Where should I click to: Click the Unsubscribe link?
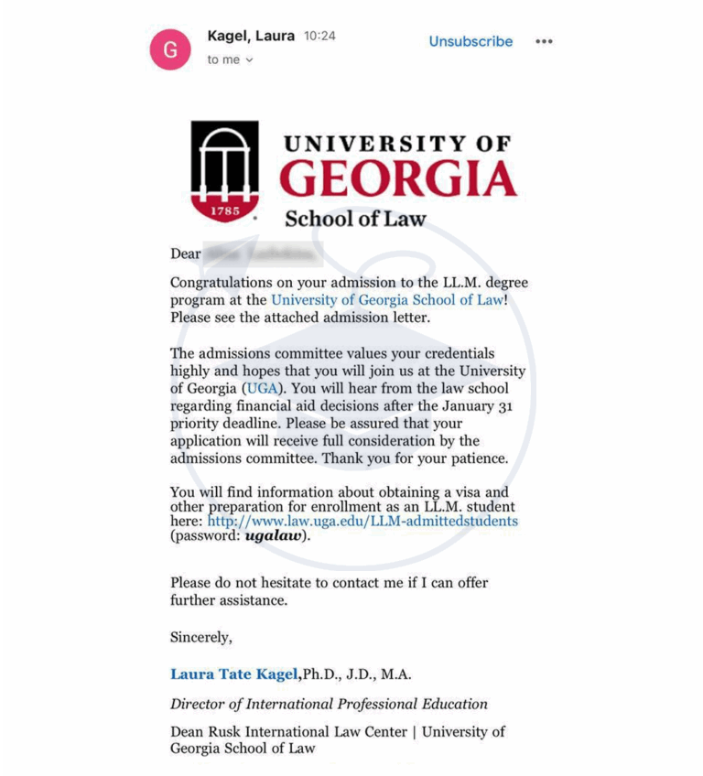pyautogui.click(x=470, y=41)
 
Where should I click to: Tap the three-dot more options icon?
pyautogui.click(x=544, y=41)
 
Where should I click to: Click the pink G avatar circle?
pyautogui.click(x=170, y=49)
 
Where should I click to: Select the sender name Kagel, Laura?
pyautogui.click(x=251, y=36)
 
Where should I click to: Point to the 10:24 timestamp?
pyautogui.click(x=319, y=36)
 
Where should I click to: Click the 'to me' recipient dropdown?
pyautogui.click(x=230, y=59)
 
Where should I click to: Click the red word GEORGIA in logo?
pyautogui.click(x=397, y=179)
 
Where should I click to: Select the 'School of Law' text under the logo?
pyautogui.click(x=355, y=219)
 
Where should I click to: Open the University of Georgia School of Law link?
pyautogui.click(x=387, y=299)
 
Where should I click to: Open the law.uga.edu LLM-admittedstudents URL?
pyautogui.click(x=362, y=521)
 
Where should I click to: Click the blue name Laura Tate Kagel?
pyautogui.click(x=234, y=674)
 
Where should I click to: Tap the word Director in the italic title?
pyautogui.click(x=199, y=704)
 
